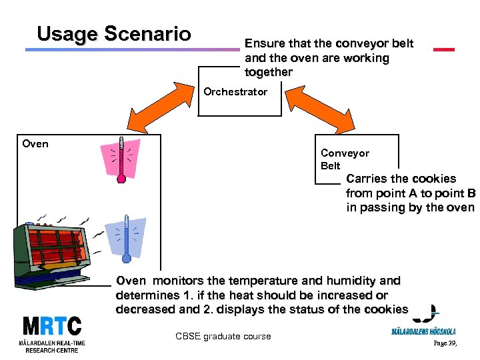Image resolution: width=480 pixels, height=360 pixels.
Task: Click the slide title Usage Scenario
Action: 114,34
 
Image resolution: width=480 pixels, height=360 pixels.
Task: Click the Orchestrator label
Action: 235,92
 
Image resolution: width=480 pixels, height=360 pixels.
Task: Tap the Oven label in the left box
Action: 35,143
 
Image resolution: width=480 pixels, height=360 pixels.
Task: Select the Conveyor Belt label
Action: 345,159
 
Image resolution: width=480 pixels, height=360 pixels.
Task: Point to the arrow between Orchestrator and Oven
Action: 153,113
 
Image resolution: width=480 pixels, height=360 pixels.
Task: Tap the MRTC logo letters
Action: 51,327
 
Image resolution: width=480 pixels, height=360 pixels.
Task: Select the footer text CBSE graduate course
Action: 223,337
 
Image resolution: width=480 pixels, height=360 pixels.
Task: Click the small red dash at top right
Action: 443,49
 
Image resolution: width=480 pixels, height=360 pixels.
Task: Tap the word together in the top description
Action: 269,72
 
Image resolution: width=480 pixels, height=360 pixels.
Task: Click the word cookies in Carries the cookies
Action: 434,179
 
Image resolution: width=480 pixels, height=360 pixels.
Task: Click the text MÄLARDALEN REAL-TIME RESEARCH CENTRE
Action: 52,347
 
